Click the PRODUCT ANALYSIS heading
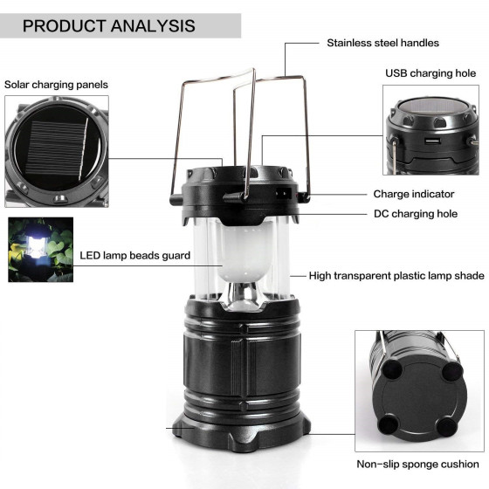[x=109, y=26]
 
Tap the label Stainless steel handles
[x=382, y=43]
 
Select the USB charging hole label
[x=430, y=73]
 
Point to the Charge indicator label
[x=414, y=194]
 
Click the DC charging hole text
[x=416, y=214]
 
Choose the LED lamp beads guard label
[x=135, y=256]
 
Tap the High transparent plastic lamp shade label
[x=396, y=276]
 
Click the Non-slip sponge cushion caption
[x=417, y=464]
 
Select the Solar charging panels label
[x=56, y=85]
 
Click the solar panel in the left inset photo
[x=57, y=148]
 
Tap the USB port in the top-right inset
[x=432, y=141]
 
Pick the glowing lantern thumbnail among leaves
[x=40, y=250]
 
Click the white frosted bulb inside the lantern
[x=244, y=253]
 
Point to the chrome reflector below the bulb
[x=244, y=296]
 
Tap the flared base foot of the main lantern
[x=241, y=433]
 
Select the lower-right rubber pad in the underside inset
[x=447, y=428]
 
